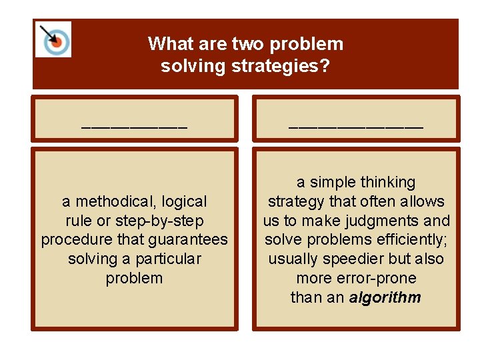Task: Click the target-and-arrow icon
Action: tap(53, 39)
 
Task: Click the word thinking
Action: tap(388, 182)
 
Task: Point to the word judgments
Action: tap(387, 221)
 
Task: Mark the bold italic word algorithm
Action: tap(385, 297)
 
